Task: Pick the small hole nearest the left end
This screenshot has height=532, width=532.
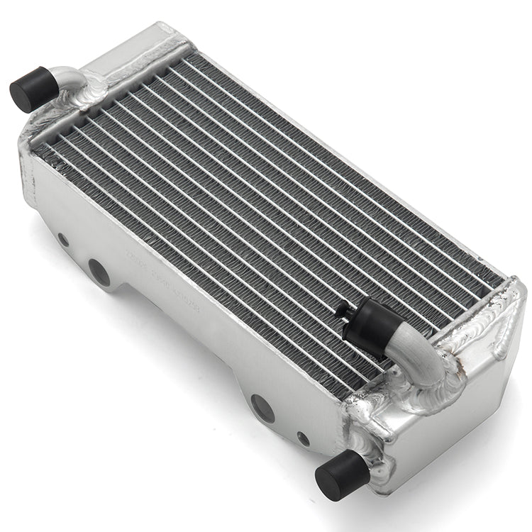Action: [x=64, y=240]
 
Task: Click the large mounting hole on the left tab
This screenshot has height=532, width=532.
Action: [x=99, y=272]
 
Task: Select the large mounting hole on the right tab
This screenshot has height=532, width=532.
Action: [x=261, y=407]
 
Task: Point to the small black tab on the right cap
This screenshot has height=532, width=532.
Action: [x=345, y=309]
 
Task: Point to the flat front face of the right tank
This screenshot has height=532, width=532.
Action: [x=454, y=440]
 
